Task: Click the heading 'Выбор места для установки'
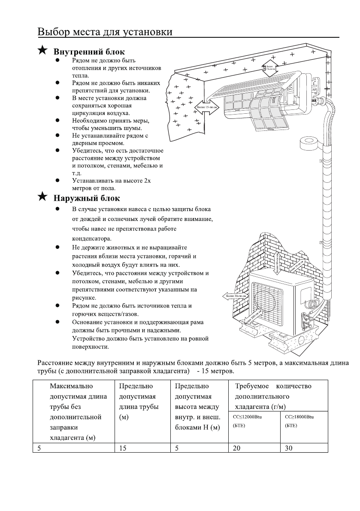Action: pyautogui.click(x=105, y=32)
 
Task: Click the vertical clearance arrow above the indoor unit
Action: pyautogui.click(x=269, y=67)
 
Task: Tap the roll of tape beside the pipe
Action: pyautogui.click(x=308, y=144)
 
